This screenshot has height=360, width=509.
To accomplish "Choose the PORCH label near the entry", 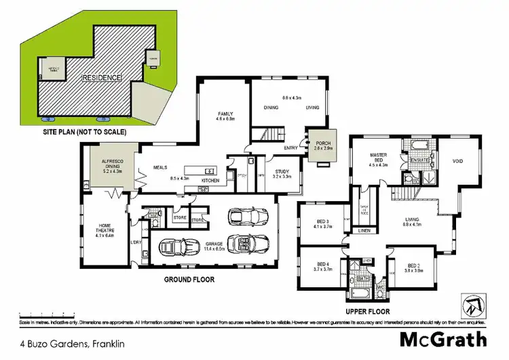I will click(x=323, y=143).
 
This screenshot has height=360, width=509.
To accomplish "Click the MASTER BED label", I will click(x=378, y=158).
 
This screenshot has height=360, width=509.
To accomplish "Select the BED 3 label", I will click(x=322, y=221).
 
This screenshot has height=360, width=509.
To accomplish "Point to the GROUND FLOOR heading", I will click(x=189, y=279).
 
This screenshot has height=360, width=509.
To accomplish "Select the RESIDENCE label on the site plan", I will click(x=102, y=78).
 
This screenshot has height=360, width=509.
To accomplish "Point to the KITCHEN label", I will click(x=210, y=181).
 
